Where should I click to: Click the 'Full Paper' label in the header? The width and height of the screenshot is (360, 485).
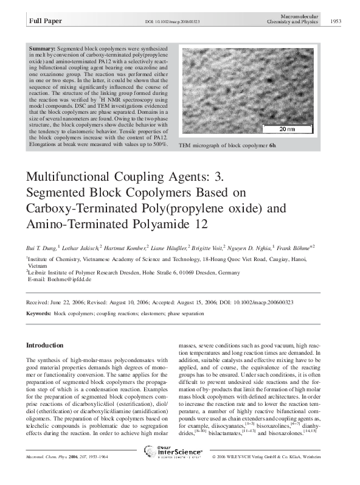point(43,22)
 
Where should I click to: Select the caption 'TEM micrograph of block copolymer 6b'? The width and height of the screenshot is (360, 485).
point(227,147)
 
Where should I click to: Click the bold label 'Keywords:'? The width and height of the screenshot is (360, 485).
point(38,312)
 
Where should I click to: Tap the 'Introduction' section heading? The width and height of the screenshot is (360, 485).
point(45,345)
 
